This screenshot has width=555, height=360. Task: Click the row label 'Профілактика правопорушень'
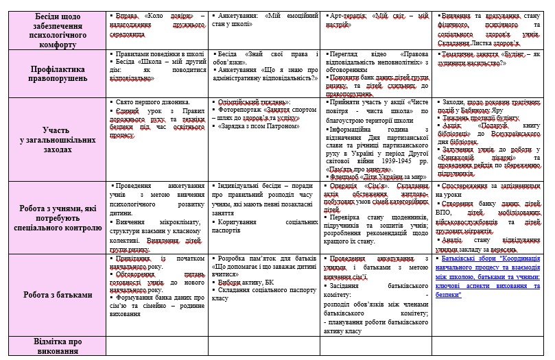click(55, 73)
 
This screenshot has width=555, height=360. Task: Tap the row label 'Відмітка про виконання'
click(55, 346)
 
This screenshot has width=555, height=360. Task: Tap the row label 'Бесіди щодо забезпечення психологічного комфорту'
click(55, 23)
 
